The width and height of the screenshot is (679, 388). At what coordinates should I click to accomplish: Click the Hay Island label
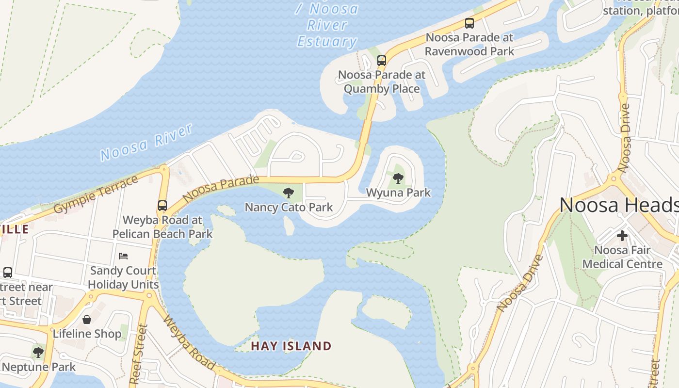click(x=291, y=346)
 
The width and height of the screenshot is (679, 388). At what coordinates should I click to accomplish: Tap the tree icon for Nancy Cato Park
click(x=289, y=193)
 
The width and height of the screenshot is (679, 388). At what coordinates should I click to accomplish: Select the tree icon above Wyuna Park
click(x=398, y=178)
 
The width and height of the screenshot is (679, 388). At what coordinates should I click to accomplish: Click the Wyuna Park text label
click(x=398, y=193)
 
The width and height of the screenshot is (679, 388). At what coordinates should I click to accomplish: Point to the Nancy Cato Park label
click(x=289, y=208)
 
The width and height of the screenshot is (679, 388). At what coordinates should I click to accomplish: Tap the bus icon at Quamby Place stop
click(x=382, y=61)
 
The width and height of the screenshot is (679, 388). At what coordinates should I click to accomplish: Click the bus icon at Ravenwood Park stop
click(x=469, y=23)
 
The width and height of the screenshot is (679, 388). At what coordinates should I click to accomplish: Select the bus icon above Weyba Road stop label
click(x=162, y=206)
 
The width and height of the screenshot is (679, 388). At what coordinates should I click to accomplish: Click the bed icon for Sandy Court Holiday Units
click(x=123, y=256)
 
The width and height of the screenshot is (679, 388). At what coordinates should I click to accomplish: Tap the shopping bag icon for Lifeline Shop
click(x=87, y=320)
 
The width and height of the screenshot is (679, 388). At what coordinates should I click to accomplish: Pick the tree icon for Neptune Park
click(x=38, y=353)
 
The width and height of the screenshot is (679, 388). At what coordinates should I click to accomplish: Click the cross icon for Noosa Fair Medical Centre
click(x=622, y=236)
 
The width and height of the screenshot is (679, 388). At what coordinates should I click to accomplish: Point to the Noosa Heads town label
click(x=619, y=205)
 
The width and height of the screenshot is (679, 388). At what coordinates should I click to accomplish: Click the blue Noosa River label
click(x=146, y=142)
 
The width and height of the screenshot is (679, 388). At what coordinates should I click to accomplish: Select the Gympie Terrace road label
click(x=96, y=194)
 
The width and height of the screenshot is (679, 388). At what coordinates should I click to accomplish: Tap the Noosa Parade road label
click(x=221, y=189)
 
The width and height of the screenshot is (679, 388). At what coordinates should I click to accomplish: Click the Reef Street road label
click(x=138, y=355)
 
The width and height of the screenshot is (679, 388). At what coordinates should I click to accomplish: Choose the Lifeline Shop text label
click(x=87, y=334)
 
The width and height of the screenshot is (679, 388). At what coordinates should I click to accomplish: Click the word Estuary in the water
click(x=327, y=41)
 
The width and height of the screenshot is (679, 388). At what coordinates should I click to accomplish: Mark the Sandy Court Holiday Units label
click(x=123, y=277)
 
